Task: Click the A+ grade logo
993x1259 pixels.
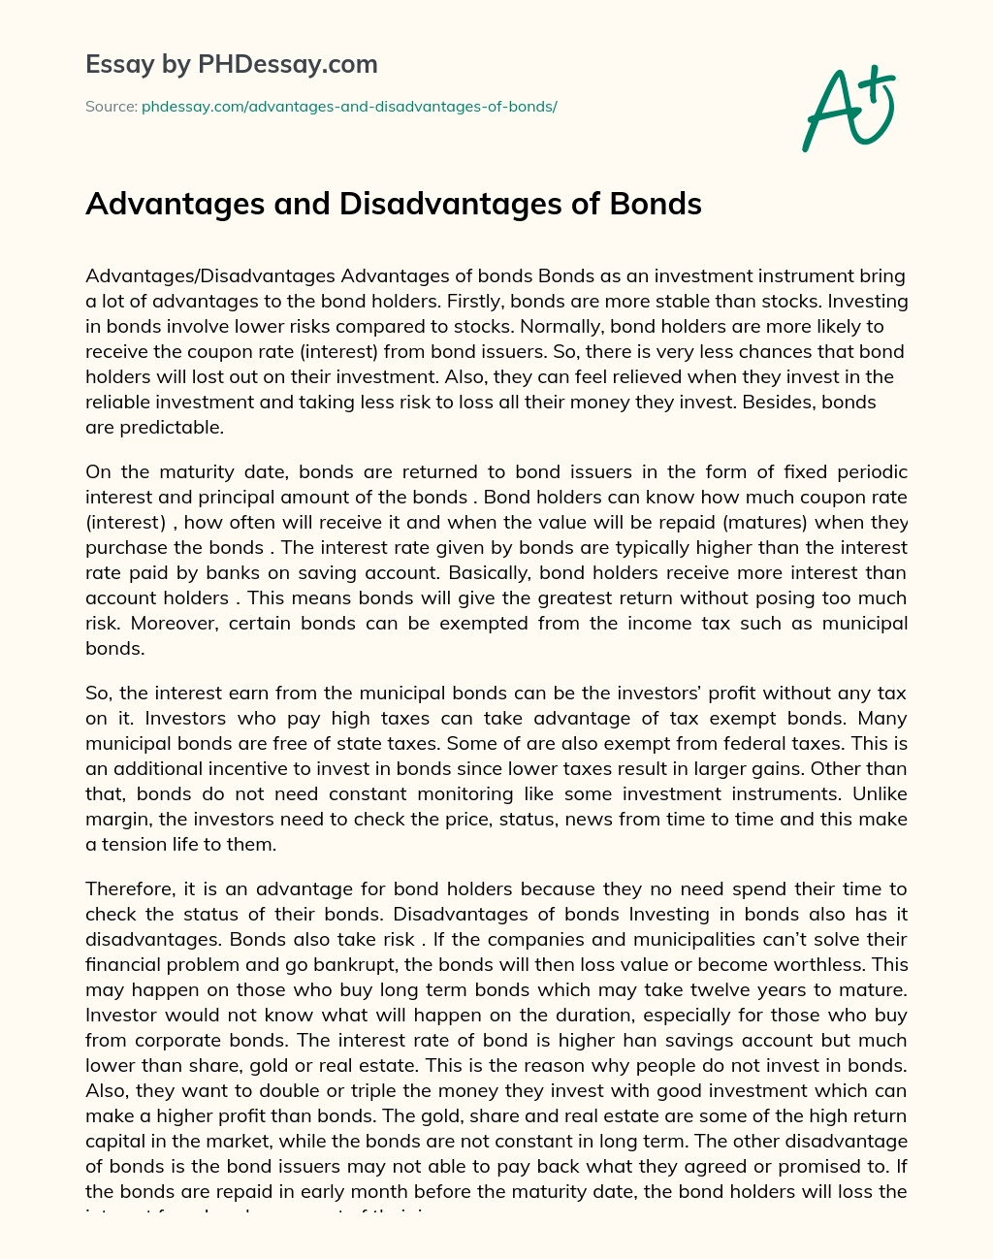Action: [848, 109]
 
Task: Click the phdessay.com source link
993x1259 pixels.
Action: [349, 106]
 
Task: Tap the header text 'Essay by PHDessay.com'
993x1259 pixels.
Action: [232, 64]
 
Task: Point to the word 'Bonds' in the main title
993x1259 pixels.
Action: [656, 204]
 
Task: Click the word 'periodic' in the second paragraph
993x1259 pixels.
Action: [871, 472]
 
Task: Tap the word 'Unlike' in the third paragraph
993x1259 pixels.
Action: [880, 794]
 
